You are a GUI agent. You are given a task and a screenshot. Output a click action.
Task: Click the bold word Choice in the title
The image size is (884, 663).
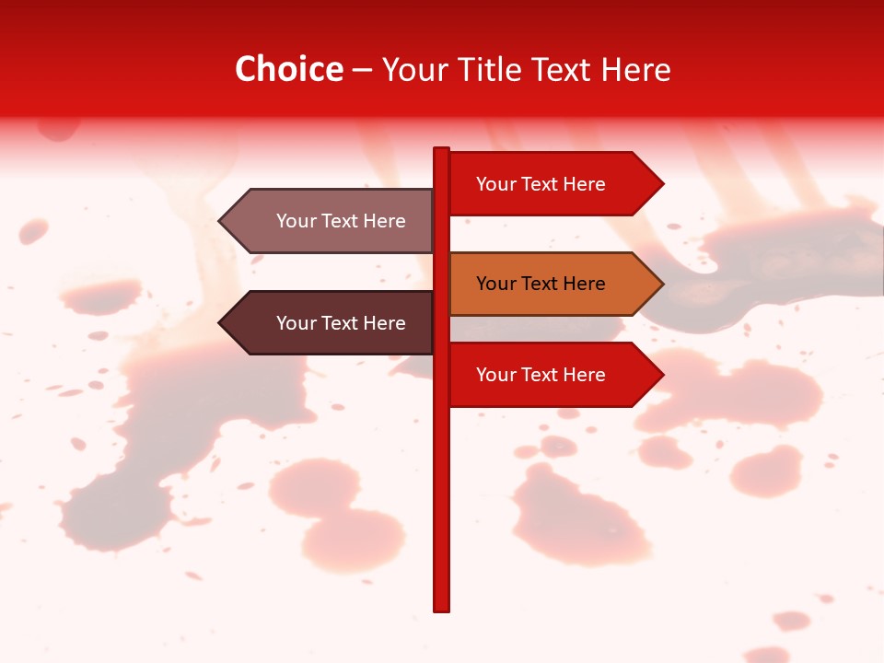(x=288, y=70)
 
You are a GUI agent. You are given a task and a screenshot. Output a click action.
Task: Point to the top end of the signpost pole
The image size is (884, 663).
(x=441, y=150)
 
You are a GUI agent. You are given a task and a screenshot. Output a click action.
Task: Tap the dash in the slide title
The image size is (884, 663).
(x=362, y=71)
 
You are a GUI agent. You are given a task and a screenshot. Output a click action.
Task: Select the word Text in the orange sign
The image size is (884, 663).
(x=541, y=284)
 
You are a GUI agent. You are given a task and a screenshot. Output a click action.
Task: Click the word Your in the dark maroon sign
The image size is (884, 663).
(x=295, y=323)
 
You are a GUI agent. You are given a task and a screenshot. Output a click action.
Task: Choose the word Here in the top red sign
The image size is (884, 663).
(x=584, y=184)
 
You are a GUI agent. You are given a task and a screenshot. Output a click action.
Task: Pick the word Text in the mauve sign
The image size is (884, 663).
(x=341, y=221)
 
